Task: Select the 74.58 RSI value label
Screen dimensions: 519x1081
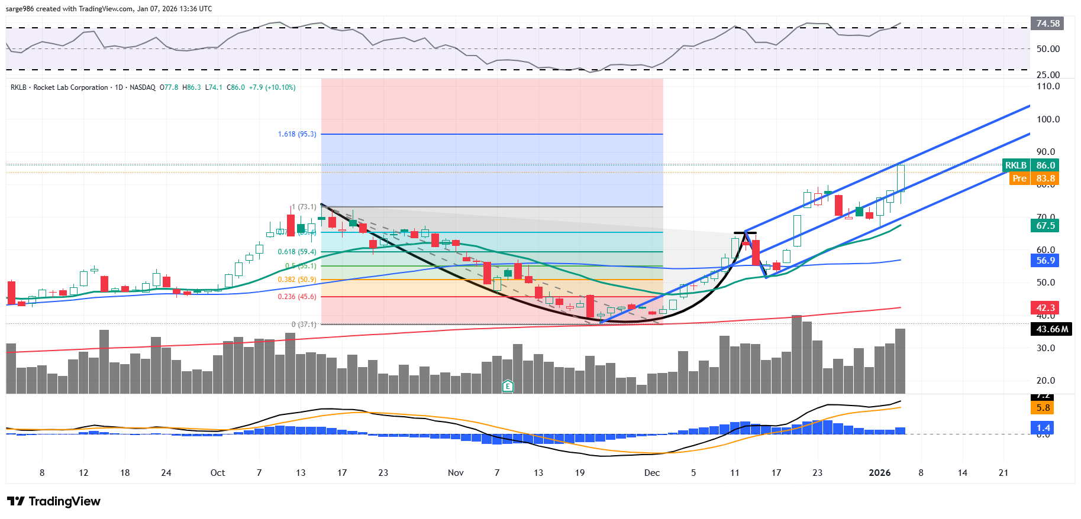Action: point(1047,24)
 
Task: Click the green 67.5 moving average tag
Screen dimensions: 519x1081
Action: point(1045,226)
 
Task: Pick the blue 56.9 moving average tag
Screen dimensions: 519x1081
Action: point(1045,261)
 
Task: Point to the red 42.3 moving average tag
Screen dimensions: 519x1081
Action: point(1045,308)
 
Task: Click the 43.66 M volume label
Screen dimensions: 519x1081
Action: point(1052,329)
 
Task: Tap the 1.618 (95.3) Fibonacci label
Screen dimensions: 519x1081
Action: point(297,134)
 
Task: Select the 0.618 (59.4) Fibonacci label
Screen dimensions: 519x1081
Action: point(297,252)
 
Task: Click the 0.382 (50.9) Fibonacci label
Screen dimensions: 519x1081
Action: point(297,280)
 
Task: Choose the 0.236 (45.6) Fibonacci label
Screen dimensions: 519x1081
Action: point(297,297)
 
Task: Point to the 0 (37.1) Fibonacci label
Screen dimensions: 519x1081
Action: point(304,325)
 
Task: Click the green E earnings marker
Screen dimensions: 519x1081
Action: point(508,387)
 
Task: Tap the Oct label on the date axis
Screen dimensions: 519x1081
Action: point(218,473)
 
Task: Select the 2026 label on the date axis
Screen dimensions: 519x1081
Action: point(879,473)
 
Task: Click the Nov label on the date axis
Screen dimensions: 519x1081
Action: point(456,473)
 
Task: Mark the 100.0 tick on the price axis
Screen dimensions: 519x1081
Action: point(1048,119)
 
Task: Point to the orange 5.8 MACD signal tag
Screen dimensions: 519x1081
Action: point(1043,408)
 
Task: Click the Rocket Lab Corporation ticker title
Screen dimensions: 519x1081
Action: point(70,87)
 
